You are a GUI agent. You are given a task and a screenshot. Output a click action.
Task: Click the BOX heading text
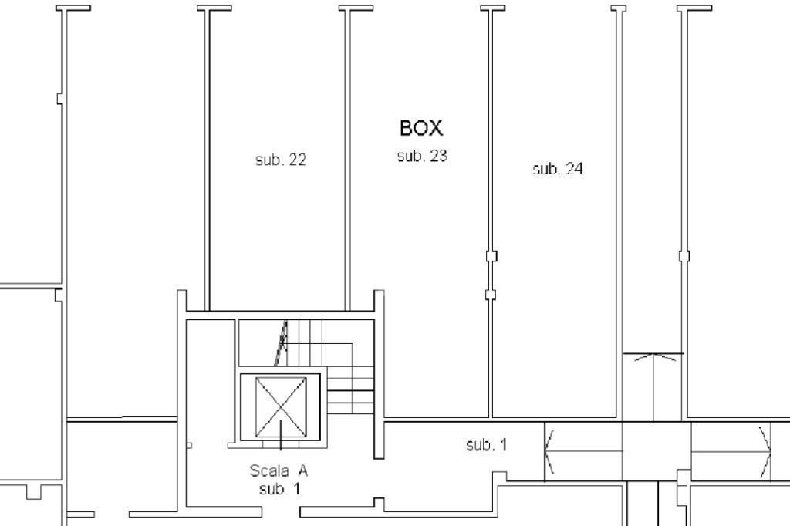click(x=421, y=128)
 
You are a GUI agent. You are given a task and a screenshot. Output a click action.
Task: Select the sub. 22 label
click(x=281, y=160)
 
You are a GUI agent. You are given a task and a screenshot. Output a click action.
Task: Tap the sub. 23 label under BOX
click(x=422, y=156)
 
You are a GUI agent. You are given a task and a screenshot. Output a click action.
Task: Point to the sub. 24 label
click(x=558, y=168)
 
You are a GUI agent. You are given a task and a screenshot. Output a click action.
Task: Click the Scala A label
click(x=279, y=470)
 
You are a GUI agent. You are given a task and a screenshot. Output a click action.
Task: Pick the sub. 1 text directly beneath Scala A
click(x=279, y=488)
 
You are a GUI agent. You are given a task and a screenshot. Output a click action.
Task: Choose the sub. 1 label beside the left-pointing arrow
click(x=487, y=444)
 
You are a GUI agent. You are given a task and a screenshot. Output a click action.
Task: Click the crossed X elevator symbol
click(x=281, y=407)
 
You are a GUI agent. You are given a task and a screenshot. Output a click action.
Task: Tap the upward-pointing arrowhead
click(x=654, y=357)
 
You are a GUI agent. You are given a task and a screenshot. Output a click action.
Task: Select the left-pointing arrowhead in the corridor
click(x=549, y=452)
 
